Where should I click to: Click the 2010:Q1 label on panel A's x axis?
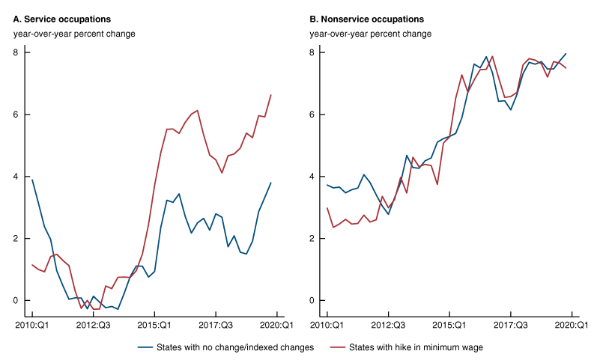31,326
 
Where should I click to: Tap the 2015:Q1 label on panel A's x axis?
154,326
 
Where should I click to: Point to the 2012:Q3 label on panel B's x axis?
388,326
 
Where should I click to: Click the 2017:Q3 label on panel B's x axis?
511,326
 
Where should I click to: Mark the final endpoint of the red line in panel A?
270,95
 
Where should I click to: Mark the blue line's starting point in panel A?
31,180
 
